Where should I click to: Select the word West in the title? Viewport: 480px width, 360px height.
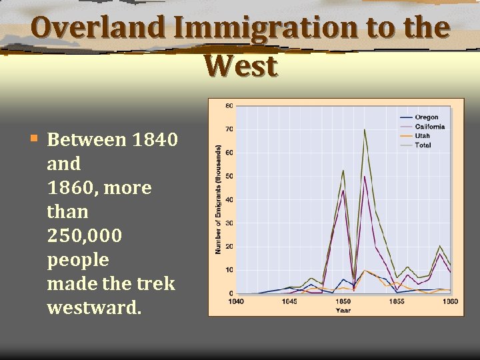240,66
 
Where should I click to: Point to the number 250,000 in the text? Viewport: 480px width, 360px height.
85,236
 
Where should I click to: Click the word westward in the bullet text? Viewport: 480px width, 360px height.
94,307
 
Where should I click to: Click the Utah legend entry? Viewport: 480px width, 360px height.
422,136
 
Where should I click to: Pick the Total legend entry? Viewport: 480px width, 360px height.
423,145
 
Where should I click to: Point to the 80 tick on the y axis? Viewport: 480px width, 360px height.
229,106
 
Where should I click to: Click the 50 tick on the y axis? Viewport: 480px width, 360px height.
229,177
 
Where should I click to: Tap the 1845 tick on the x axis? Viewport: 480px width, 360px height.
289,301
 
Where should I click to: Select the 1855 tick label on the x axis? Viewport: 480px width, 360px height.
397,301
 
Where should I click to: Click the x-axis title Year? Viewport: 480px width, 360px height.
343,310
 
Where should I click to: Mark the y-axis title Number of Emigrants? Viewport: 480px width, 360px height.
218,200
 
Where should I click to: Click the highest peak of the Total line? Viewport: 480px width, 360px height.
365,129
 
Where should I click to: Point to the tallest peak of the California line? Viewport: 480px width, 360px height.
365,177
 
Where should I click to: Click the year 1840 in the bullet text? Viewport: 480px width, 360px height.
155,140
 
